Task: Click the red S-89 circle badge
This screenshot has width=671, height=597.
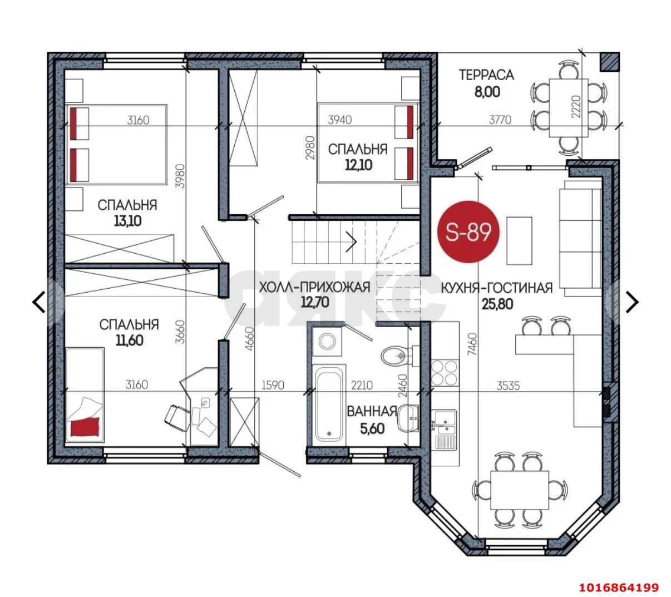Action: [x=468, y=232]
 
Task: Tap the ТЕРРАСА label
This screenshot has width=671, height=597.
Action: [x=486, y=75]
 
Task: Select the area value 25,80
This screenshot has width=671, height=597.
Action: [x=497, y=304]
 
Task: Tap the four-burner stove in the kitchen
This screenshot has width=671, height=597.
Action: [x=445, y=372]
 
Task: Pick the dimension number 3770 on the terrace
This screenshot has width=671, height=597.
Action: [x=500, y=120]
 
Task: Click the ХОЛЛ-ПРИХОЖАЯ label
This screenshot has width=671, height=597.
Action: [x=314, y=287]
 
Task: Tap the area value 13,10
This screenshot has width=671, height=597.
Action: [x=128, y=221]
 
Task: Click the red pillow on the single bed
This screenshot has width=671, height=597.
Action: [x=85, y=427]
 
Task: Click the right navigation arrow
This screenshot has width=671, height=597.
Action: [x=632, y=302]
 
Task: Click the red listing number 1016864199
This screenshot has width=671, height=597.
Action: [x=619, y=588]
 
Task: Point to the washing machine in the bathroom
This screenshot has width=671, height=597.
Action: [x=326, y=342]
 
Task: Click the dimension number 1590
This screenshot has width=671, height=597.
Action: [x=273, y=386]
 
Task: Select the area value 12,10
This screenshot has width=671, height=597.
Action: [x=358, y=165]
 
